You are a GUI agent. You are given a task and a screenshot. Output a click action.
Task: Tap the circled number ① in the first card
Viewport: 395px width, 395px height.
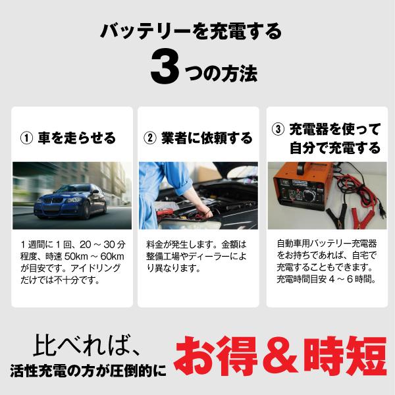click(x=27, y=138)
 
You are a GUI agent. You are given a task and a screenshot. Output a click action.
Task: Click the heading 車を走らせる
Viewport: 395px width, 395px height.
click(x=77, y=138)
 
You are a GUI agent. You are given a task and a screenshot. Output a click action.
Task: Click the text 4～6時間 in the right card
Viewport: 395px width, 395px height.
click(x=356, y=279)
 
